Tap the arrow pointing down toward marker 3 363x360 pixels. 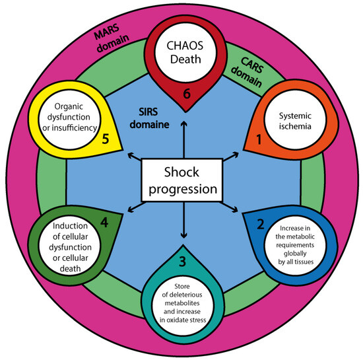(x=181, y=225)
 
